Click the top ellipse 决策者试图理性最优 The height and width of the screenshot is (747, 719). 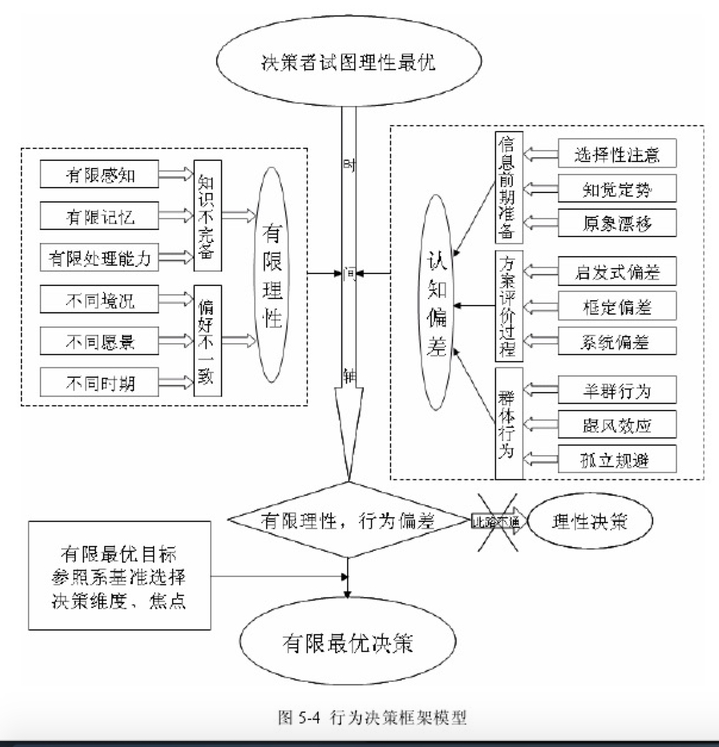coord(348,62)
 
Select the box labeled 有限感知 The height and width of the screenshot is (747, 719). coord(99,175)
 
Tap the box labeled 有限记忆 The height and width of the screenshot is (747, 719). coord(99,216)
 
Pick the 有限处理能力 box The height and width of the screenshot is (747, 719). coord(99,258)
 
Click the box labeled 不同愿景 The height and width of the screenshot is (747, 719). coord(99,341)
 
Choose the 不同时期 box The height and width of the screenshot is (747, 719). coord(99,382)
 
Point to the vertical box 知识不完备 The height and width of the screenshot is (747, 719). coord(207,216)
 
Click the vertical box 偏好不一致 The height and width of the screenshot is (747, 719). coord(207,341)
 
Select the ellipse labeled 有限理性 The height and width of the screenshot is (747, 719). coord(272,274)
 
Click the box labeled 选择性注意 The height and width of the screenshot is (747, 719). coord(617,154)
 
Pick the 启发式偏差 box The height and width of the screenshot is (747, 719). coord(617,272)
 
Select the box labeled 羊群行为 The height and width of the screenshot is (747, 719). coord(617,390)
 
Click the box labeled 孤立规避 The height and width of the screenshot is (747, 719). coord(617,459)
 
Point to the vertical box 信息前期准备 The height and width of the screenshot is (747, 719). coord(508,188)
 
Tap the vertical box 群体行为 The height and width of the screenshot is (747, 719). coord(508,424)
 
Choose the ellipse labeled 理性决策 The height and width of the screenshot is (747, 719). coord(590,521)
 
